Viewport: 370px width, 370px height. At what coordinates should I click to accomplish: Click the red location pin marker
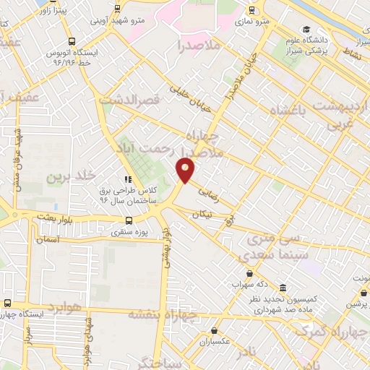pos(186,170)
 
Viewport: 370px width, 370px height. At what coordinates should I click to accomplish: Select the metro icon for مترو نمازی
pos(251,10)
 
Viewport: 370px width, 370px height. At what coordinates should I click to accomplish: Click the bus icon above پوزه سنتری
pos(128,220)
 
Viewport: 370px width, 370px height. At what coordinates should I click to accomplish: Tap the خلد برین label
pos(70,176)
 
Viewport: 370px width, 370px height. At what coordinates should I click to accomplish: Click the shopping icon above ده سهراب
pos(250,274)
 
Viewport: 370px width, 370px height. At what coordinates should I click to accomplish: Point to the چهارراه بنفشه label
pos(163,314)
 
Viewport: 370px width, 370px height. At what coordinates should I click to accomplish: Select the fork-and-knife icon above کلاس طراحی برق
pos(128,179)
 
